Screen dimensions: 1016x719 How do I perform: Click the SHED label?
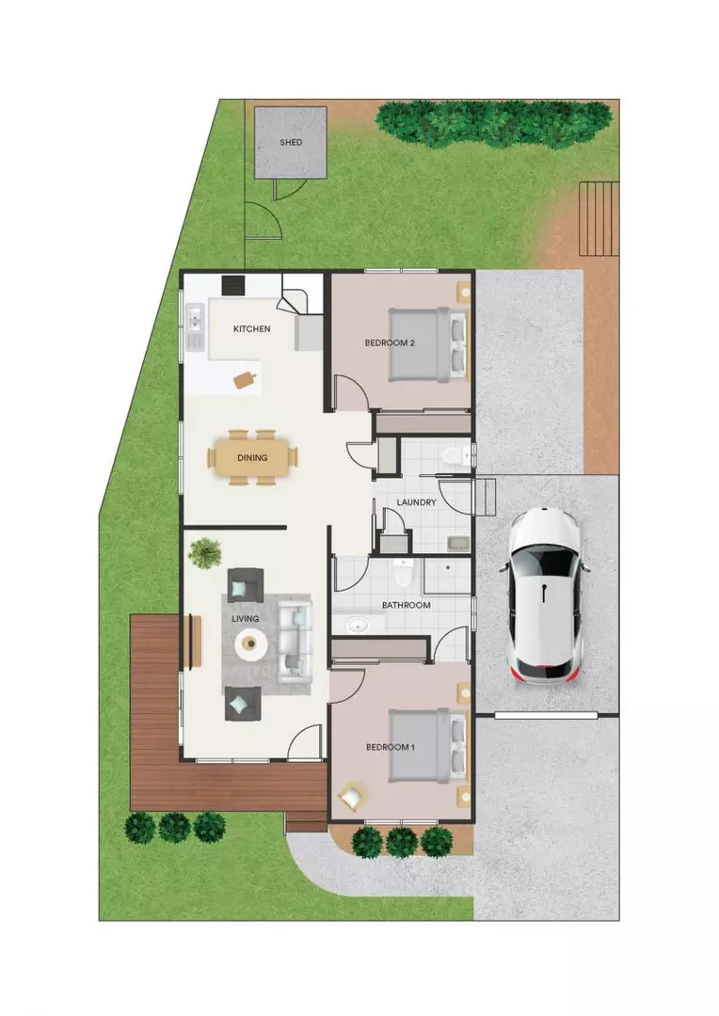[291, 143]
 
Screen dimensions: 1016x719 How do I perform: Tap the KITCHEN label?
[252, 329]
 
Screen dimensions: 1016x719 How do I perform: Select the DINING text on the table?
[252, 458]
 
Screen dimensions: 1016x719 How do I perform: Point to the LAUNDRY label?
[416, 502]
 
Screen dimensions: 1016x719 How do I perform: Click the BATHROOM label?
[406, 605]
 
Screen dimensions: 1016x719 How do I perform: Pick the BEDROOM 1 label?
[390, 747]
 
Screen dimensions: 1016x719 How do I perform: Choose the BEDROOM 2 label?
[390, 343]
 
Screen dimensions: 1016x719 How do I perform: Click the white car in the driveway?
[547, 595]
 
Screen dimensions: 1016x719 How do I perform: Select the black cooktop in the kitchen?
[232, 284]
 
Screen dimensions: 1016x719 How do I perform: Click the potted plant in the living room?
[204, 553]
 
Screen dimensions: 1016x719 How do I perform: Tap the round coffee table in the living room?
[250, 643]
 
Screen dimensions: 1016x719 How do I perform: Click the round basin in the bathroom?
[357, 625]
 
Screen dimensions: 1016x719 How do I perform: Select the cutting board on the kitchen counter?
[246, 379]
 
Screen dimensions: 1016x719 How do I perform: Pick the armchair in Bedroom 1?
[352, 798]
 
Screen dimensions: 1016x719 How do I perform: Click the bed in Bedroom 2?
[430, 343]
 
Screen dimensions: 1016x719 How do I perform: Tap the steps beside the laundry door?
[484, 497]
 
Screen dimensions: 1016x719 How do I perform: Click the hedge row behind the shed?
[493, 121]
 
